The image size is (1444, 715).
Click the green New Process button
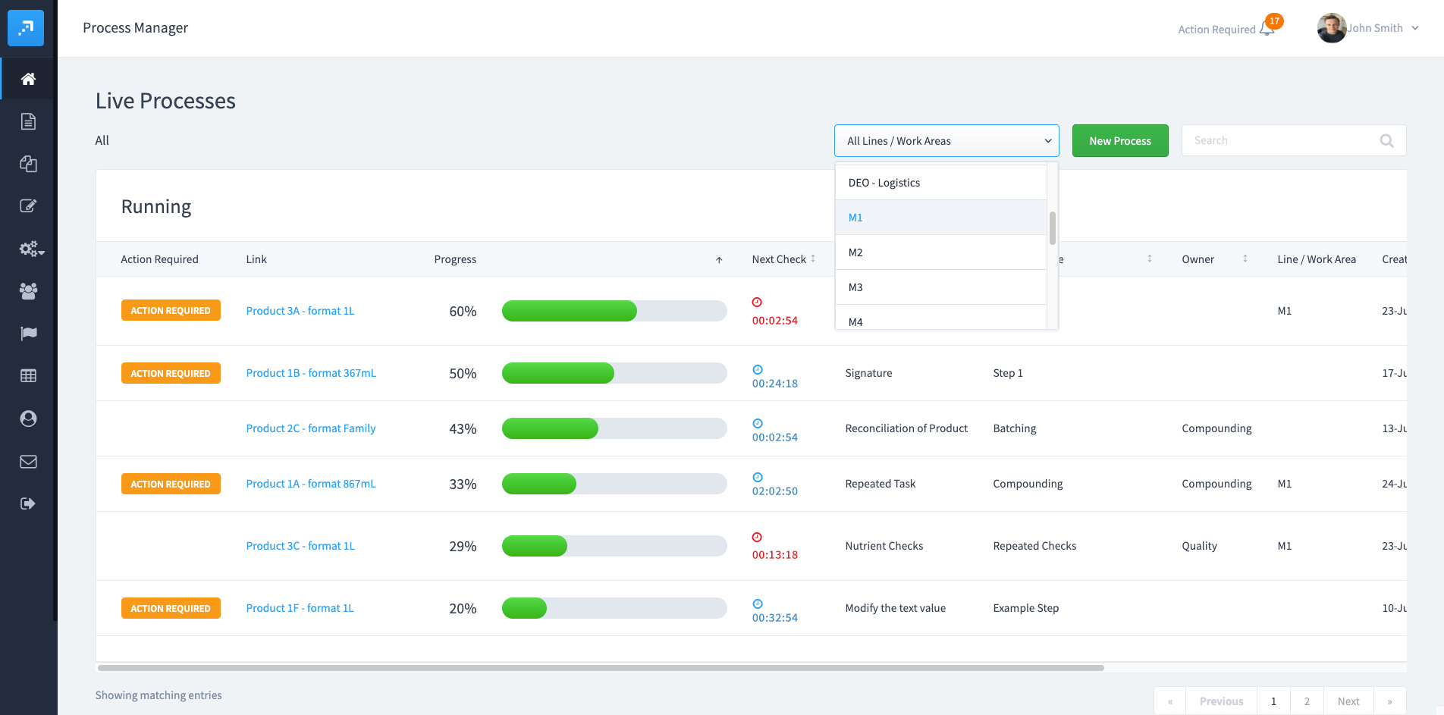pyautogui.click(x=1119, y=141)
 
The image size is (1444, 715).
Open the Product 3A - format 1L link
pyautogui.click(x=300, y=311)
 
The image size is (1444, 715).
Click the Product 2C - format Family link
pyautogui.click(x=310, y=428)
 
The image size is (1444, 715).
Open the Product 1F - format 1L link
pyautogui.click(x=300, y=608)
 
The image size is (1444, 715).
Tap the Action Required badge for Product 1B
pyautogui.click(x=171, y=373)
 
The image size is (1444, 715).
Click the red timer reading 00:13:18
pyautogui.click(x=774, y=554)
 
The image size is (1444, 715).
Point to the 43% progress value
pyautogui.click(x=463, y=429)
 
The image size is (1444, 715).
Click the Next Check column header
pyautogui.click(x=779, y=259)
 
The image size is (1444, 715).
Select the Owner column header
pyautogui.click(x=1198, y=259)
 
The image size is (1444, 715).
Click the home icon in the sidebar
pyautogui.click(x=28, y=79)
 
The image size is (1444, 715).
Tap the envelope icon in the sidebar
pyautogui.click(x=28, y=462)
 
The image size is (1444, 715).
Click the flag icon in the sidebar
pyautogui.click(x=28, y=334)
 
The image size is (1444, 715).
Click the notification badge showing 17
pyautogui.click(x=1274, y=21)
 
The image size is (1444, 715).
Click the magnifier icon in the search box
pyautogui.click(x=1386, y=141)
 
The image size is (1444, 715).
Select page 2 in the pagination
pyautogui.click(x=1307, y=701)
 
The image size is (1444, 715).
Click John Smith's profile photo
pyautogui.click(x=1331, y=29)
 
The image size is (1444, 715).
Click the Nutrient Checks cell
pyautogui.click(x=884, y=546)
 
